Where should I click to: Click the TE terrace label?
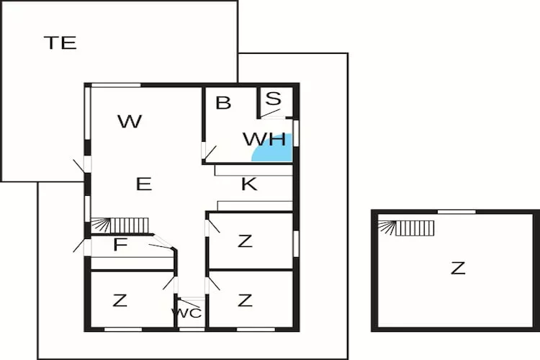coord(60,42)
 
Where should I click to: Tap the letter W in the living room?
coord(130,122)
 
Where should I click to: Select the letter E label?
coord(144,184)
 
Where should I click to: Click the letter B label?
coord(223,103)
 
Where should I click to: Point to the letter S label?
coord(273,99)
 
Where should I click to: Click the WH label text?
coord(264,139)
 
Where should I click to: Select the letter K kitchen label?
coord(249,184)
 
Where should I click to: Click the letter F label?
coord(120,246)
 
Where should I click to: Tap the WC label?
coord(186,313)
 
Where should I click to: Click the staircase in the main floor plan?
coord(121,225)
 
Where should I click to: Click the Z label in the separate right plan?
coord(458,269)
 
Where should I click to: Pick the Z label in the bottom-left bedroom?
coord(120,301)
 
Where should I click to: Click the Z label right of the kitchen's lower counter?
coord(246,241)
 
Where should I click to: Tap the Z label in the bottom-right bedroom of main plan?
coord(246,300)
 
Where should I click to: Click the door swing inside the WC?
coord(189,302)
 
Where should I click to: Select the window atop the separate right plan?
coord(456,212)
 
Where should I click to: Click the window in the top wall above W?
coord(115,85)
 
